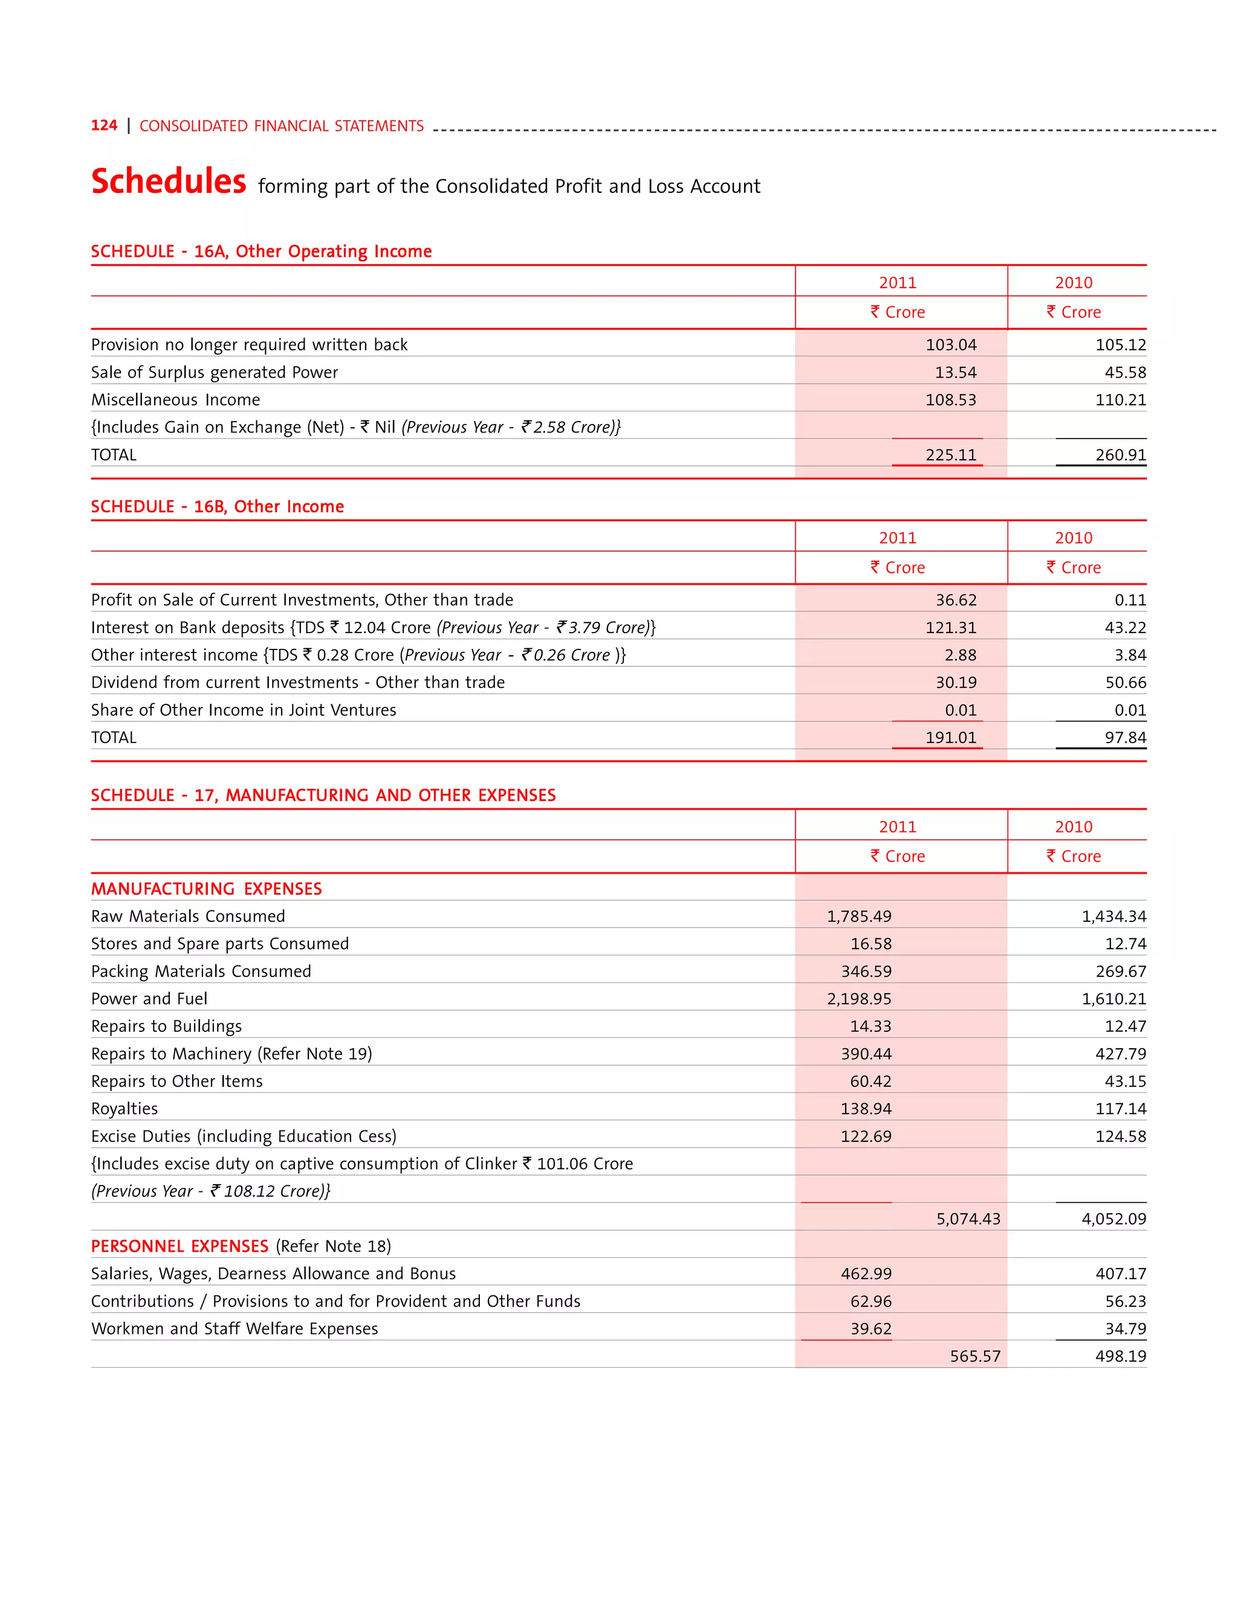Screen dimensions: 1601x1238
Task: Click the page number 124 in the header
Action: [x=104, y=125]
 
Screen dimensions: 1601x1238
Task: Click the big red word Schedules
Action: [x=169, y=181]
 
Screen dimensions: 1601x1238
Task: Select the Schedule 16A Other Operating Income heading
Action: [x=261, y=251]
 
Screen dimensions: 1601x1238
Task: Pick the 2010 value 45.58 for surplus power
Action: [x=1125, y=372]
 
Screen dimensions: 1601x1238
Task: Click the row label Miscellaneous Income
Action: [x=175, y=399]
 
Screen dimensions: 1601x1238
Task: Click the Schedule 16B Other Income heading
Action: [x=217, y=506]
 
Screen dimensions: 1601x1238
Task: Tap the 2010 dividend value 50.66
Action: [x=1125, y=683]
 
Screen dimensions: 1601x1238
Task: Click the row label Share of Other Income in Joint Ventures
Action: [x=244, y=710]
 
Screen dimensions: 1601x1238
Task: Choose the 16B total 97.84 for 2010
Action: [x=1125, y=738]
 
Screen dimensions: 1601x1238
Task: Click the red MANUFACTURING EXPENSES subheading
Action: [x=206, y=889]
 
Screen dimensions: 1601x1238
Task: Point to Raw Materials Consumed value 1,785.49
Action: [x=859, y=916]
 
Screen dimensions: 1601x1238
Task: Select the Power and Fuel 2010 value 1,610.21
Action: [x=1113, y=999]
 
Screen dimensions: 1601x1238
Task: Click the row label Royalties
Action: [x=125, y=1109]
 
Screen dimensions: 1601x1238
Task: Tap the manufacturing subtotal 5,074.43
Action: [x=968, y=1219]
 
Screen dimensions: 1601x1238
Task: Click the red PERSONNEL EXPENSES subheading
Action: [x=180, y=1246]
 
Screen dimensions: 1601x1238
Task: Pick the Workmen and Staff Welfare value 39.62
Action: [x=870, y=1329]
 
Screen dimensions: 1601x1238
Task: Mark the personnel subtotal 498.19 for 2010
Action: [x=1120, y=1356]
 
